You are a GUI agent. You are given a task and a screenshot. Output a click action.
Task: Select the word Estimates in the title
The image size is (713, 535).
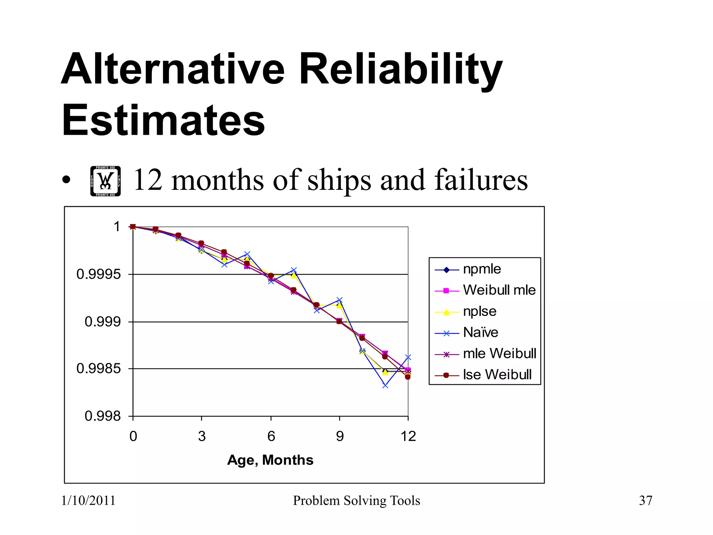click(x=163, y=120)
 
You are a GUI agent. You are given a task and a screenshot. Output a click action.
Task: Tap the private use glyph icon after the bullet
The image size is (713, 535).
click(x=105, y=181)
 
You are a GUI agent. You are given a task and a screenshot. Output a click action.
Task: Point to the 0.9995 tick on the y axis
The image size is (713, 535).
click(x=99, y=274)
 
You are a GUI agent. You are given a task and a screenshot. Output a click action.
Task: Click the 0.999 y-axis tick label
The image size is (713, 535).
click(x=103, y=321)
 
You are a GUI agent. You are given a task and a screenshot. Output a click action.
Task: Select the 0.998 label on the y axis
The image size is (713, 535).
click(x=103, y=416)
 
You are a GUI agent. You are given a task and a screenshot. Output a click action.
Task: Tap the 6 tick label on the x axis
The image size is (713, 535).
click(x=271, y=436)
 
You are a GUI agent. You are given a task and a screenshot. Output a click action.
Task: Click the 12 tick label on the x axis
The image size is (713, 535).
click(x=408, y=436)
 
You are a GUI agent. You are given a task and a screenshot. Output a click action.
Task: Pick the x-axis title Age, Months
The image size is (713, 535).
click(x=270, y=460)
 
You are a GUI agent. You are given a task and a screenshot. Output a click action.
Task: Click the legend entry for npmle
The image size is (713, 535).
click(x=482, y=269)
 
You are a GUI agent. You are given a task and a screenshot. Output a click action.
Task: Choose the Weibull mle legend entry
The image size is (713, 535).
click(x=499, y=290)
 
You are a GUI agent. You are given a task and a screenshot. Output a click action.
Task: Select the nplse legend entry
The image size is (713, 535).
click(x=479, y=311)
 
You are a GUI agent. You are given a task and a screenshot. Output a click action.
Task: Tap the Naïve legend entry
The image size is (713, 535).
click(x=480, y=333)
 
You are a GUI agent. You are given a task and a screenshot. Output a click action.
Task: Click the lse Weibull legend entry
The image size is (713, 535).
click(x=497, y=375)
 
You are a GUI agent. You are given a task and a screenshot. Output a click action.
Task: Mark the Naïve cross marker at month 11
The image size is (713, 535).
click(x=385, y=386)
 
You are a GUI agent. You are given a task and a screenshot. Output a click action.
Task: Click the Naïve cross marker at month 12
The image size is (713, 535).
click(x=408, y=357)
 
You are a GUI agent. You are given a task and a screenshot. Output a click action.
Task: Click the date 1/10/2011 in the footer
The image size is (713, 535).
click(x=88, y=501)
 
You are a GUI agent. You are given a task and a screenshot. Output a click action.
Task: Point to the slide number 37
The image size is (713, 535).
click(x=645, y=501)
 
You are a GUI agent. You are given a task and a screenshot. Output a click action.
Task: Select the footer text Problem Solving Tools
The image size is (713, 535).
click(x=356, y=501)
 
